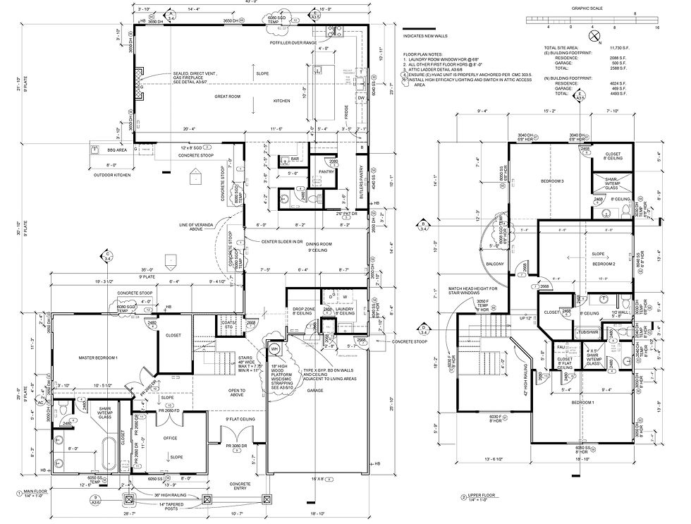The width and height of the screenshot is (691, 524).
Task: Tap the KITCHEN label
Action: [x=282, y=101]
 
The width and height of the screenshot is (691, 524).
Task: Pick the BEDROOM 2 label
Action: [x=601, y=263]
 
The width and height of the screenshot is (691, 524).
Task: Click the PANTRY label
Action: [x=326, y=171]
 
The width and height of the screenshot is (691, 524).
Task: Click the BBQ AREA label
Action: [x=117, y=150]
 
